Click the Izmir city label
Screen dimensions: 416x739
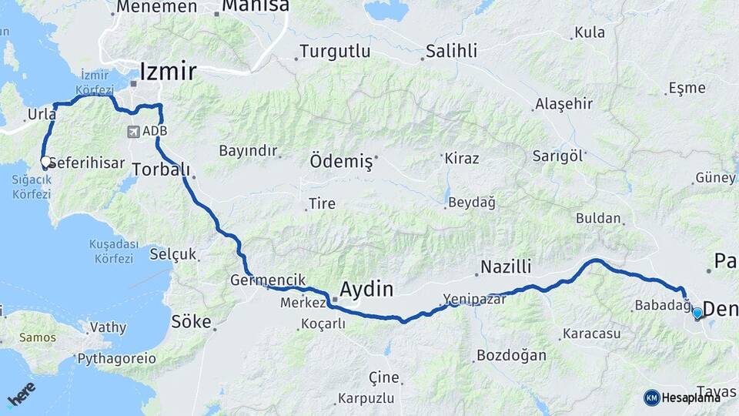168,72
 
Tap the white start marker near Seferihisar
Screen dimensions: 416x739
45,163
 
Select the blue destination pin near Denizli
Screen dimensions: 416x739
697,314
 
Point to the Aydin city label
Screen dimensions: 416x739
366,290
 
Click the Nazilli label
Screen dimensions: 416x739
506,267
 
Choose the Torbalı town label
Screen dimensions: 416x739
161,169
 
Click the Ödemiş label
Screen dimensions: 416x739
340,162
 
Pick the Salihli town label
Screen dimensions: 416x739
453,52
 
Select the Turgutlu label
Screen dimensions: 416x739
335,52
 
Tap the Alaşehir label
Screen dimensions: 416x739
563,104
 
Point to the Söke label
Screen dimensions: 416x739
191,321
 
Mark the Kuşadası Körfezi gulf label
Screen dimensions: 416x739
114,251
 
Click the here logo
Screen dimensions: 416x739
21,394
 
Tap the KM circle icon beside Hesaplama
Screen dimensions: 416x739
652,398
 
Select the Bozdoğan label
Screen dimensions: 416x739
511,355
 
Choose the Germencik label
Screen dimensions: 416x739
268,280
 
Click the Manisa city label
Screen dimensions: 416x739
256,6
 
